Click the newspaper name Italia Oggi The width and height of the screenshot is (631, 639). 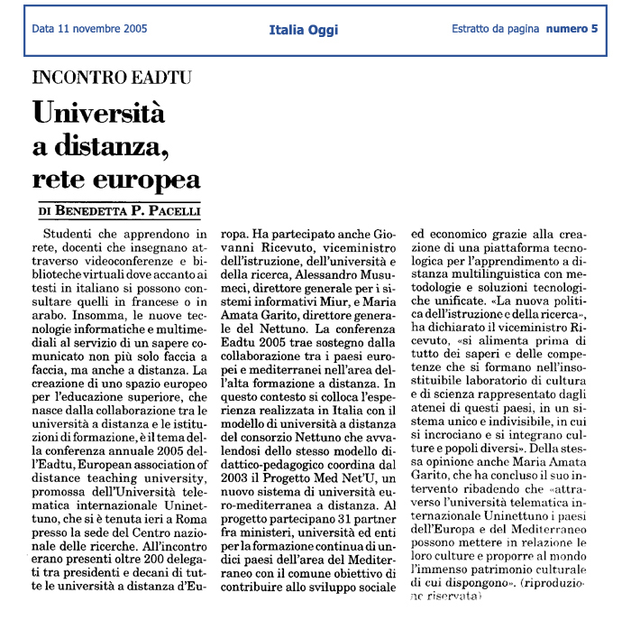tap(304, 30)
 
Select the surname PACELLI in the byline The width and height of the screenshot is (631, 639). tap(171, 212)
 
